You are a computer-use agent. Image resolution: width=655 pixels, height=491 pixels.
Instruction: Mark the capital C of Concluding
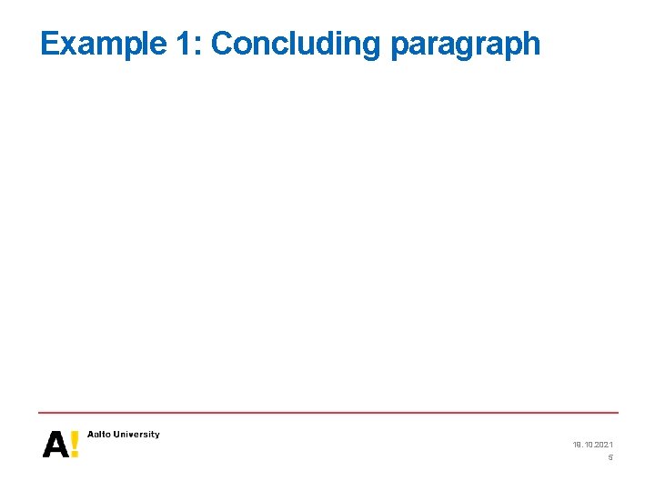[222, 44]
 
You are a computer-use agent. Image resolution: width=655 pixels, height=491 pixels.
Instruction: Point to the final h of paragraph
[532, 44]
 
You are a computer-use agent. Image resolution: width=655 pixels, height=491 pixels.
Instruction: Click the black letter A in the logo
[55, 445]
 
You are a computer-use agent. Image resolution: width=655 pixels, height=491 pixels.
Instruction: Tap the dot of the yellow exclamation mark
[74, 454]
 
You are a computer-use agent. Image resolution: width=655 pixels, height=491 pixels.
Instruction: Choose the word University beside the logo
[136, 435]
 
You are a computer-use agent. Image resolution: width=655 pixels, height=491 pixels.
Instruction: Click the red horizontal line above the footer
[327, 413]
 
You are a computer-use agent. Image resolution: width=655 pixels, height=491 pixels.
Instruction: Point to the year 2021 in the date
[603, 445]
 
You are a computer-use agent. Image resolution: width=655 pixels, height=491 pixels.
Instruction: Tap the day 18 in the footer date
[577, 445]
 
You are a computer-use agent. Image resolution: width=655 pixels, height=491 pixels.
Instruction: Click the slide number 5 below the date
[610, 457]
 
